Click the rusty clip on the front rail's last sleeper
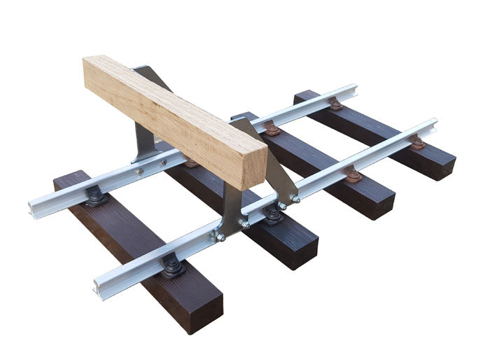[417, 142]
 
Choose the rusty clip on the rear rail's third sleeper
[272, 130]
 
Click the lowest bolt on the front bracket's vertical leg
[220, 237]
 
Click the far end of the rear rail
[353, 90]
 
